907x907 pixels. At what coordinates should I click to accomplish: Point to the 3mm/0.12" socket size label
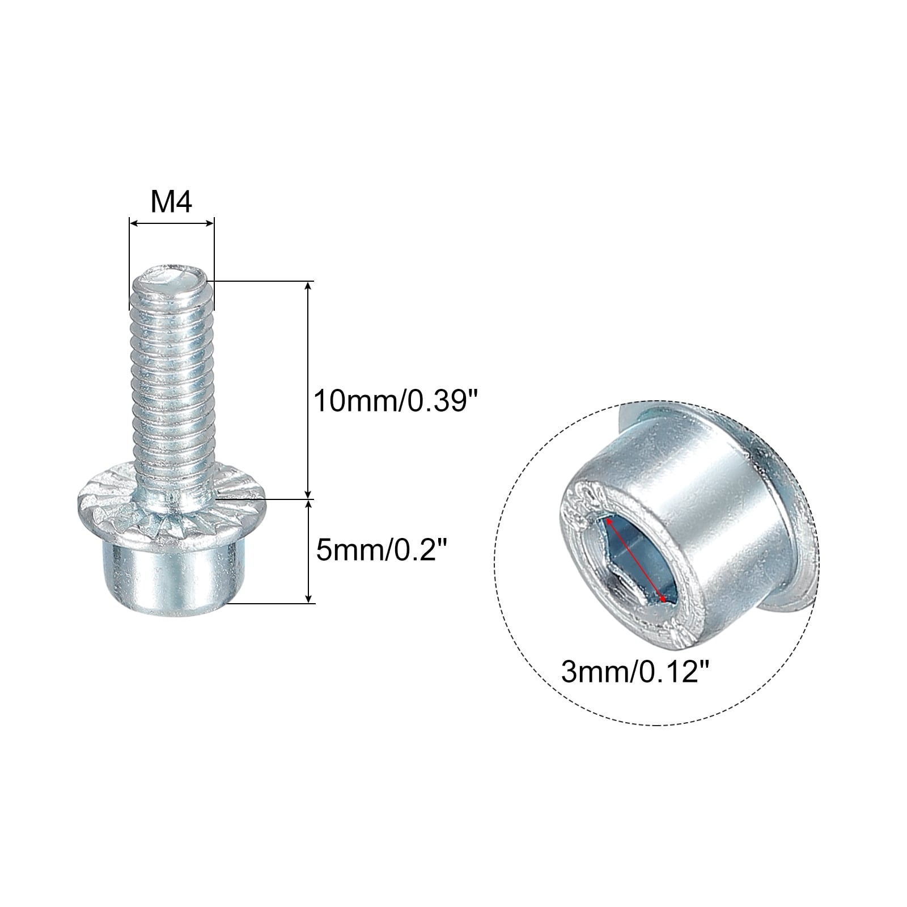pos(635,672)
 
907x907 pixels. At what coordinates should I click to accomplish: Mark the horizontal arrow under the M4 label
pos(172,223)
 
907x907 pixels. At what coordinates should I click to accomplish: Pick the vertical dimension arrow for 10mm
pos(308,389)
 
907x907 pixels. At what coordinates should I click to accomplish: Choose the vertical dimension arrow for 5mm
pos(308,551)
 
